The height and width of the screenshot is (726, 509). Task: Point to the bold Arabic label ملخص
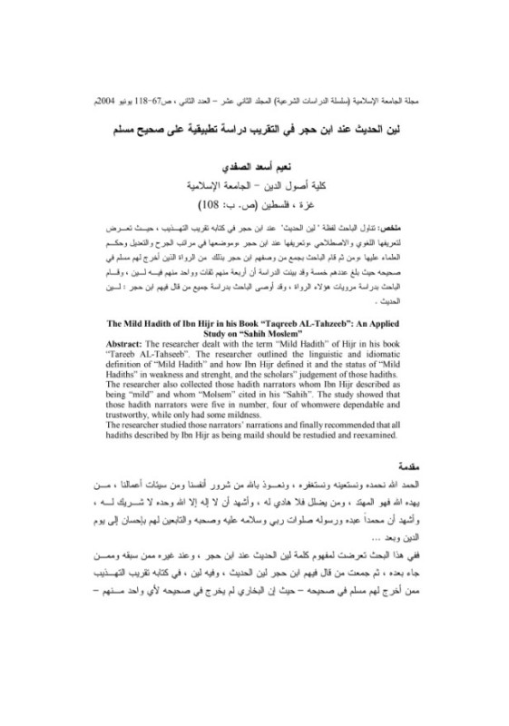[x=420, y=221]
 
